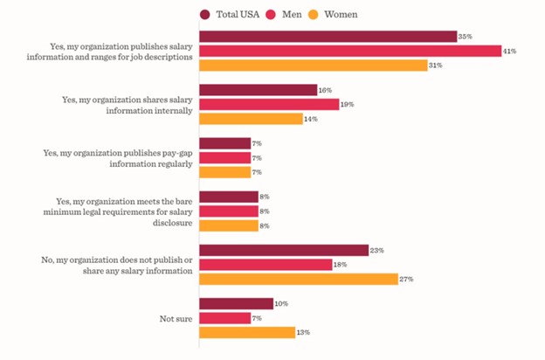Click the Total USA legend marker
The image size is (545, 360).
pyautogui.click(x=205, y=14)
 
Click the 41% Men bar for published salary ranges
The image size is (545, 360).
pyautogui.click(x=349, y=51)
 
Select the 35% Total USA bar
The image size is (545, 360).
pyautogui.click(x=328, y=37)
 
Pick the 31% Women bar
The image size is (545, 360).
pyautogui.click(x=313, y=66)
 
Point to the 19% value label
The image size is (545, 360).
pyautogui.click(x=348, y=105)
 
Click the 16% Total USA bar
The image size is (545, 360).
pyautogui.click(x=258, y=90)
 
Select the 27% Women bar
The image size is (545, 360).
pyautogui.click(x=299, y=279)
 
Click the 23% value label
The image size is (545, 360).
pyautogui.click(x=376, y=250)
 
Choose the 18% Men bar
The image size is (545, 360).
pyautogui.click(x=266, y=264)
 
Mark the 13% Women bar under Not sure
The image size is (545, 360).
pyautogui.click(x=247, y=332)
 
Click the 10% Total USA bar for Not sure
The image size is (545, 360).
pyautogui.click(x=236, y=303)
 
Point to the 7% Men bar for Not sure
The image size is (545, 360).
pyautogui.click(x=224, y=317)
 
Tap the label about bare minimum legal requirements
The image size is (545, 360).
pyautogui.click(x=122, y=211)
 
